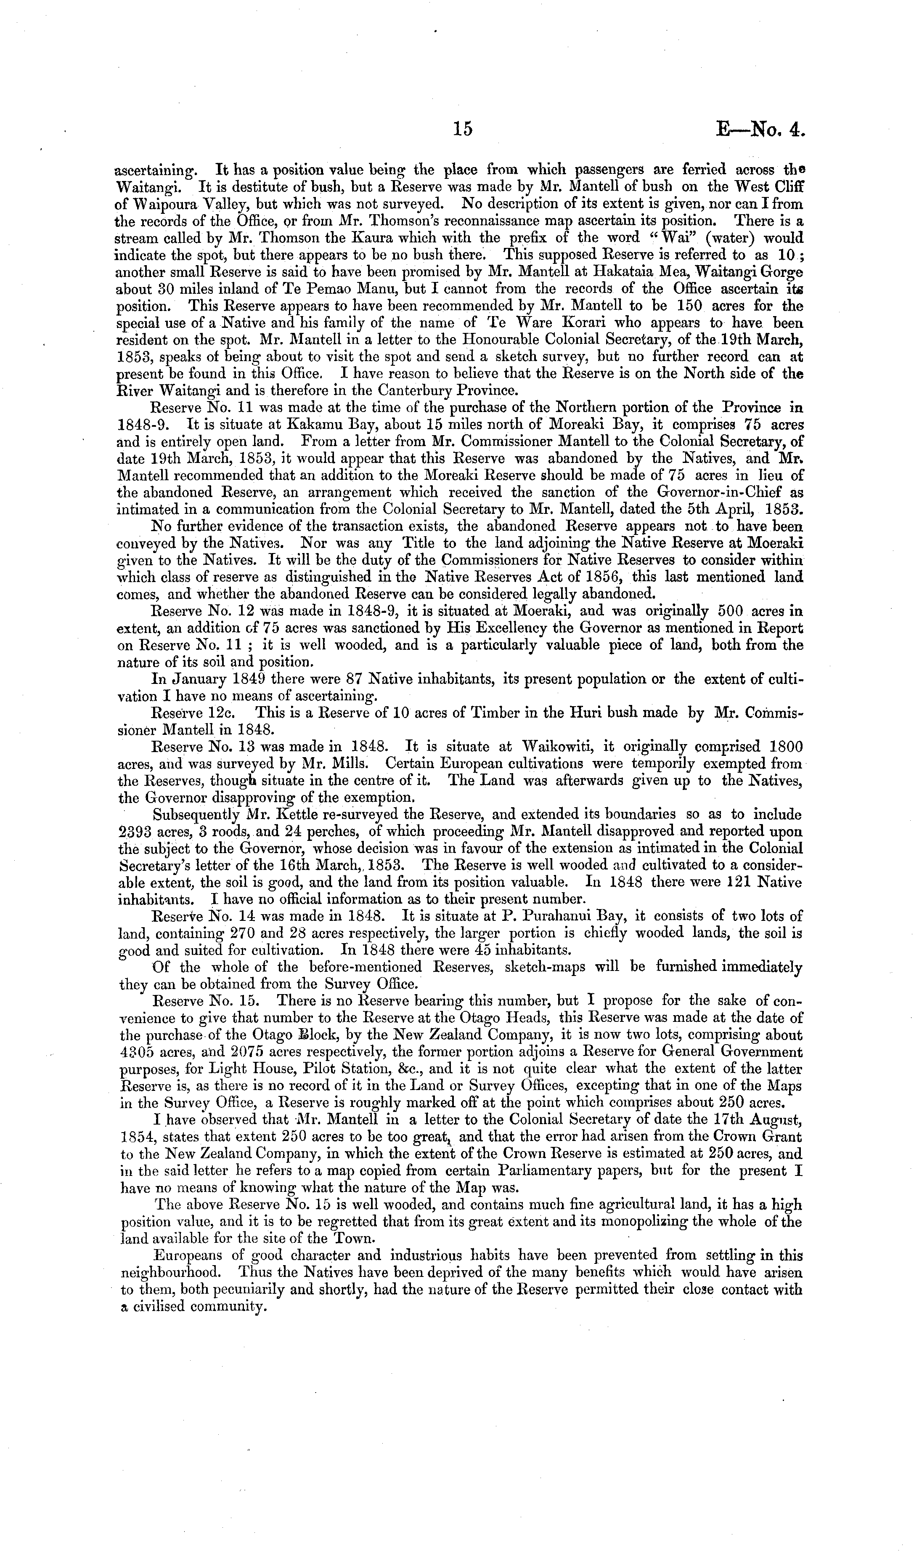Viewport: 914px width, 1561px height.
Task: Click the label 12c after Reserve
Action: tap(219, 713)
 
